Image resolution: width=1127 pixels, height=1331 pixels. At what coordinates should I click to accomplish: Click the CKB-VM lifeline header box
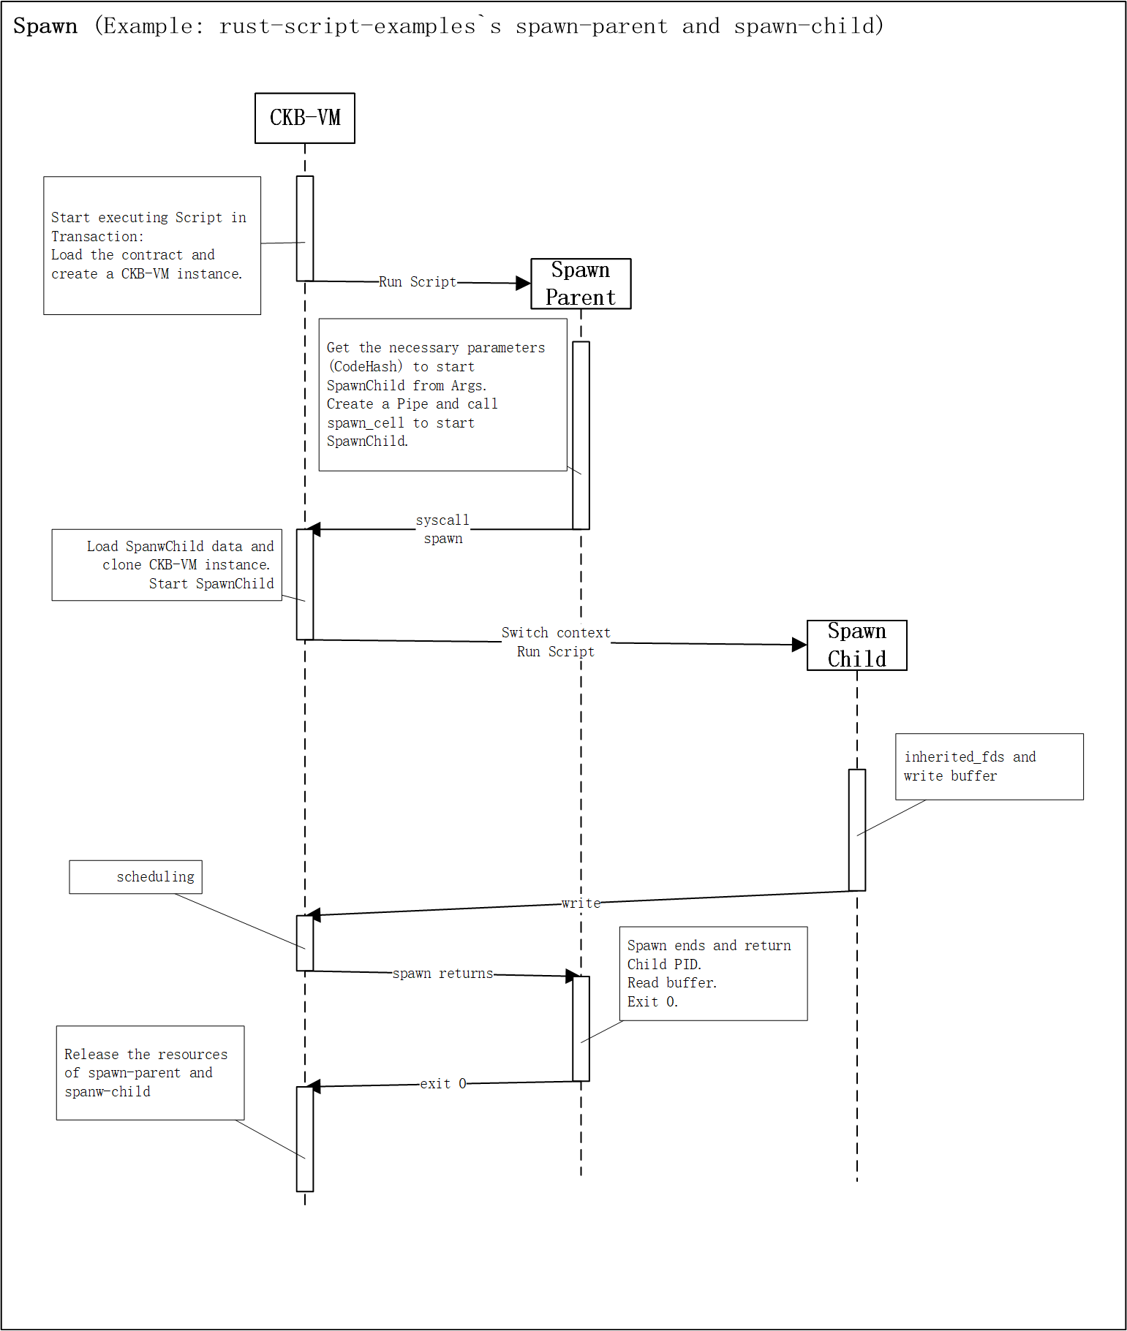[x=305, y=118]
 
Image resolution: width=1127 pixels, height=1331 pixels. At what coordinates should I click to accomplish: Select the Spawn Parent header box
[x=581, y=284]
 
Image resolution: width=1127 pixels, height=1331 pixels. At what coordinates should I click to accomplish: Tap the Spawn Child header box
[x=856, y=645]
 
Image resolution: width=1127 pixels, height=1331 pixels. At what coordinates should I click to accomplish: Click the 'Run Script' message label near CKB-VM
[x=418, y=281]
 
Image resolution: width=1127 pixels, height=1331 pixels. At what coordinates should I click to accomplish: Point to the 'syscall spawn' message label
[x=443, y=529]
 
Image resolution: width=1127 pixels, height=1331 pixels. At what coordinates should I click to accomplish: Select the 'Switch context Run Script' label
[x=556, y=642]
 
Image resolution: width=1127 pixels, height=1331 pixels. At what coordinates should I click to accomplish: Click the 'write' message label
[x=581, y=903]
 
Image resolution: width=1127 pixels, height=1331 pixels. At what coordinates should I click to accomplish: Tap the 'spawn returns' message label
[x=442, y=974]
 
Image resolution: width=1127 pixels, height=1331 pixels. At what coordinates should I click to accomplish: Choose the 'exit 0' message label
[x=442, y=1084]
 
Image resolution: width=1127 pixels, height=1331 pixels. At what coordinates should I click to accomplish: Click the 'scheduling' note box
[x=136, y=877]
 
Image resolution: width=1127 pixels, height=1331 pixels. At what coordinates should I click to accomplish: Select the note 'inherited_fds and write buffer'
[x=989, y=767]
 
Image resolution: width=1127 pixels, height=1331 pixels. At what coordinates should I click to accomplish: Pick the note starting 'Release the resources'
[x=150, y=1072]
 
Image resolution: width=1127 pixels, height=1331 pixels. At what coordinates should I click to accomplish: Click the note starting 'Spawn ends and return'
[x=713, y=974]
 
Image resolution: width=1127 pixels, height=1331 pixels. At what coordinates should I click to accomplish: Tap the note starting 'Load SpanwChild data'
[x=167, y=565]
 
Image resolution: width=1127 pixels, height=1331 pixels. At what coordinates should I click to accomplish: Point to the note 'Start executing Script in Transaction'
[x=152, y=246]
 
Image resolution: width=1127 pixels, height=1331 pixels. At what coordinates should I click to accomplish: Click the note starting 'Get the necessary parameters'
[x=442, y=395]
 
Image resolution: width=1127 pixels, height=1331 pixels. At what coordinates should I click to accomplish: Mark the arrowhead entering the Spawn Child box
[x=799, y=645]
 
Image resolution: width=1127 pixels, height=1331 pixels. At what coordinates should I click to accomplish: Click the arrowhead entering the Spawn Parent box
[x=523, y=283]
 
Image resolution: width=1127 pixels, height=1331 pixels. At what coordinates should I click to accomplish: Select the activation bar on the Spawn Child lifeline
[x=856, y=830]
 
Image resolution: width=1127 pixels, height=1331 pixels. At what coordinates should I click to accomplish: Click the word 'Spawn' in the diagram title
[x=45, y=26]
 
